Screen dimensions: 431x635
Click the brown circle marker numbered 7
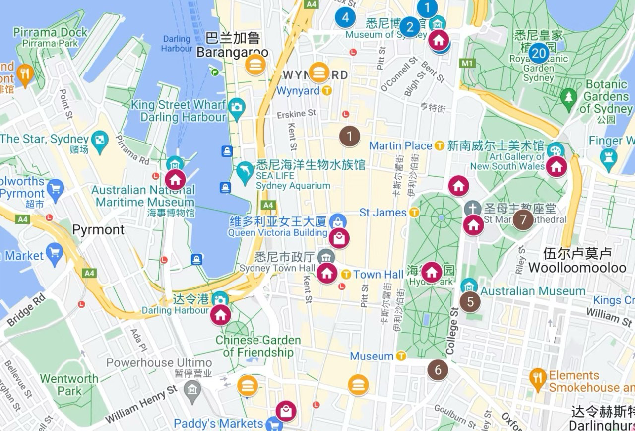(523, 219)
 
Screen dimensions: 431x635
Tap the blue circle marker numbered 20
(539, 53)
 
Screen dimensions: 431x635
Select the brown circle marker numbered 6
(438, 370)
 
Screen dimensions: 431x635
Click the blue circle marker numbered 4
(345, 17)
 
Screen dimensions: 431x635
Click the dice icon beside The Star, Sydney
(101, 139)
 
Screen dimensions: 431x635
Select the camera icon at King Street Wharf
(237, 106)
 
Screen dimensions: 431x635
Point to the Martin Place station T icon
(439, 146)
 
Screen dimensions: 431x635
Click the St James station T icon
(414, 213)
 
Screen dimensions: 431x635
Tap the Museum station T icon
(401, 356)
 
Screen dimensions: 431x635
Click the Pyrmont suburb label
(98, 230)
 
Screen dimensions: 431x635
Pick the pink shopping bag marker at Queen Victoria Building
(339, 239)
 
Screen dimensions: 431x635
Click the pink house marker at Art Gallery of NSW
(556, 166)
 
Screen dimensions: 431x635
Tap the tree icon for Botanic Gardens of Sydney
(568, 96)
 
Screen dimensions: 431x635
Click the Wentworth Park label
(69, 385)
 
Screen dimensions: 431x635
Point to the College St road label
(452, 331)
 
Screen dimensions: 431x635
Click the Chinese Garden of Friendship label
(258, 346)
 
